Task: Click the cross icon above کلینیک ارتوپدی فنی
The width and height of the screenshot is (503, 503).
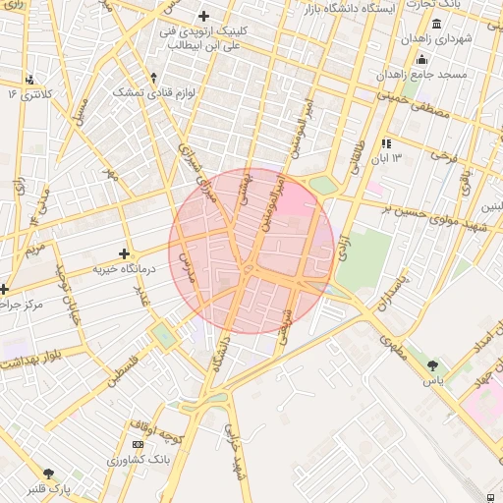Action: (x=203, y=16)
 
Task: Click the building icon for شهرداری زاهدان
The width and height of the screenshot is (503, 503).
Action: (x=436, y=24)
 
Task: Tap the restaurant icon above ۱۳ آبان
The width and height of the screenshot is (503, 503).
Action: (x=387, y=143)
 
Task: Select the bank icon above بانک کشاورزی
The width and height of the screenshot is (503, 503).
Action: (x=137, y=445)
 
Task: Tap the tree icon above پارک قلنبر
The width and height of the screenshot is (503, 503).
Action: (x=49, y=474)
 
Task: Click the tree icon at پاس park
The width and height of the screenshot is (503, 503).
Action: (x=432, y=365)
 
